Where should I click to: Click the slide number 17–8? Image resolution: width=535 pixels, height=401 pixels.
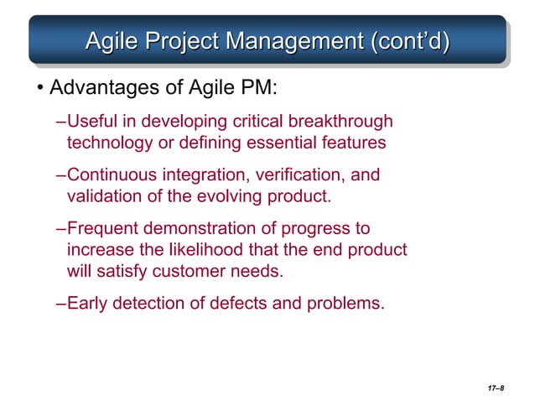coord(495,389)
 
